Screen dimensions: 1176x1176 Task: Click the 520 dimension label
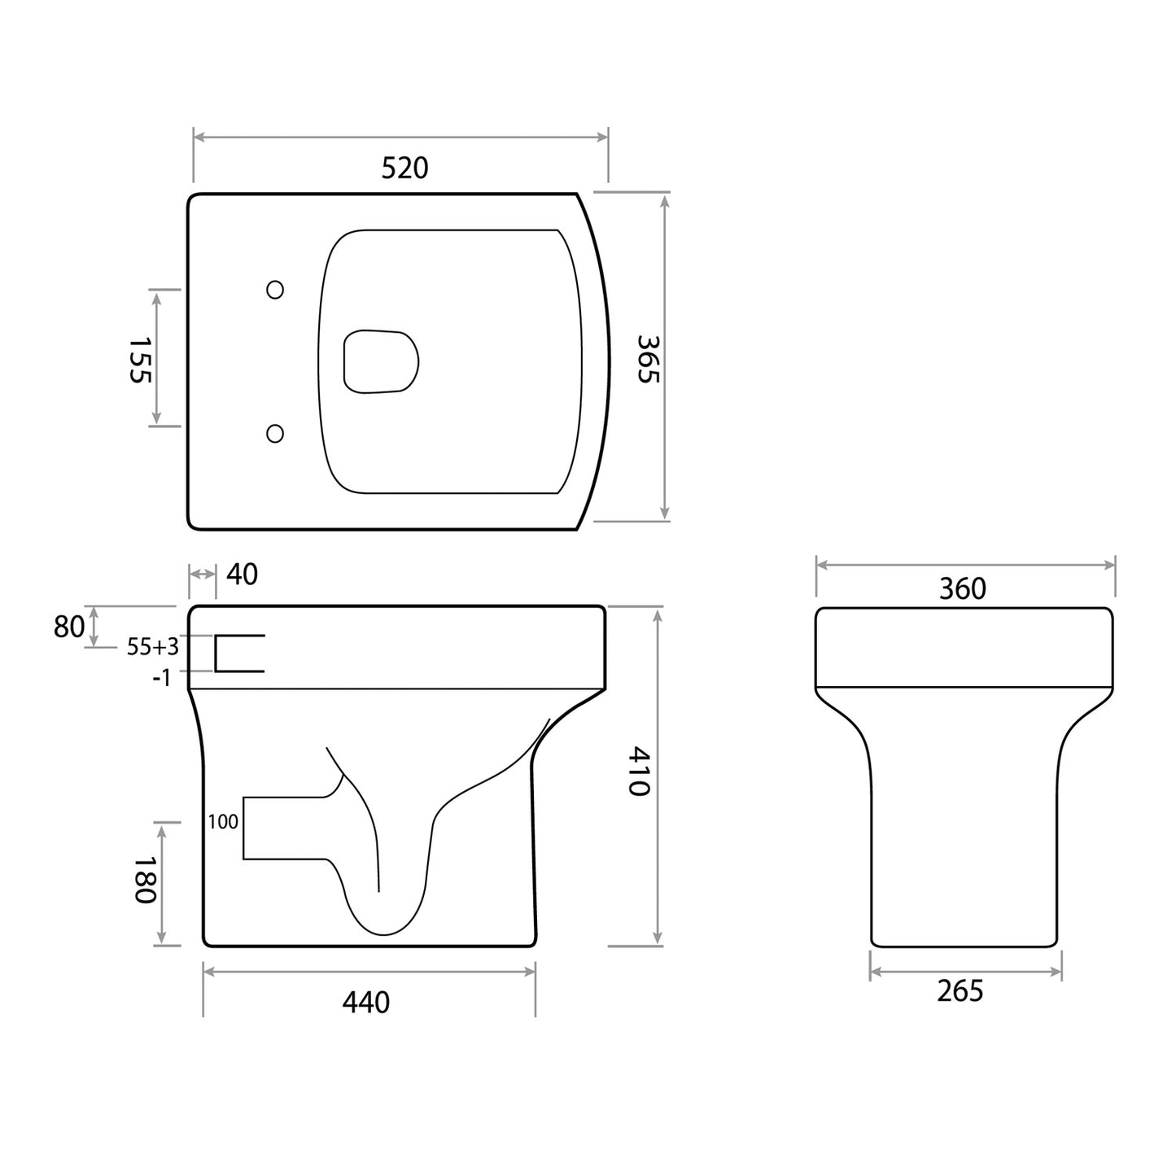click(404, 168)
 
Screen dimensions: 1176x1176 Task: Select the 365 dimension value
click(648, 359)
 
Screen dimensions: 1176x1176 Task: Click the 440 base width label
click(365, 1002)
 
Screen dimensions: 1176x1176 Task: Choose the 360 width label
click(962, 588)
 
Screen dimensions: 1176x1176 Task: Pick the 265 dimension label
click(960, 991)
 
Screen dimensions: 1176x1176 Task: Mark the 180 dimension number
click(143, 879)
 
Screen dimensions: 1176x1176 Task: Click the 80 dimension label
click(69, 627)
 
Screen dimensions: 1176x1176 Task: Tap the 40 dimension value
click(242, 575)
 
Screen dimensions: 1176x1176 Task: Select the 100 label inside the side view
click(223, 822)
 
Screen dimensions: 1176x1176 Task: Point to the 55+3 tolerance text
click(152, 647)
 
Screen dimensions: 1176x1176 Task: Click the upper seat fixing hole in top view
click(275, 290)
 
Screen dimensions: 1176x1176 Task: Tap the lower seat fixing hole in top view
click(275, 433)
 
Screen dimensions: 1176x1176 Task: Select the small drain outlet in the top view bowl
click(380, 361)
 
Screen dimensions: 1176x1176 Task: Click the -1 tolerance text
click(162, 677)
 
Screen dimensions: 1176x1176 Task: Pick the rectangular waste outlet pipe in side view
click(285, 828)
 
